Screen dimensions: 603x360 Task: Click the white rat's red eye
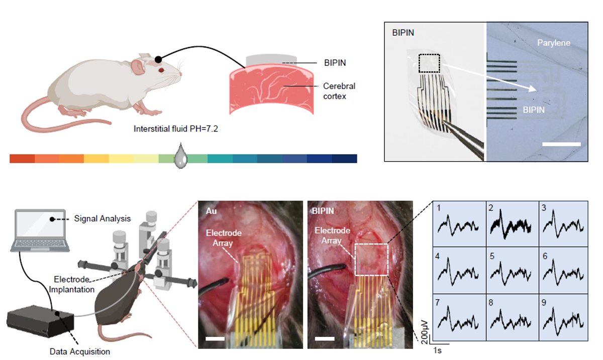(x=161, y=70)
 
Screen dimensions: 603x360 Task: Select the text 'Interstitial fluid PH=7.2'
(x=176, y=129)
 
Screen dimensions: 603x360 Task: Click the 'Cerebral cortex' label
(x=339, y=91)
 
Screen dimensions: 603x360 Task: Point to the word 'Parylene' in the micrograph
(x=554, y=43)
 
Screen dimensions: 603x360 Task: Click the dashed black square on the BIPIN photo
(x=429, y=63)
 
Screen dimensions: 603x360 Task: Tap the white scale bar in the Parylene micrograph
(x=561, y=144)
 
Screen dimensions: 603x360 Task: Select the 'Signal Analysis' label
(x=103, y=218)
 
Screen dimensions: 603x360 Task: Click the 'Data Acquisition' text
(x=80, y=351)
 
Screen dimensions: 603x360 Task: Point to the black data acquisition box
(x=40, y=321)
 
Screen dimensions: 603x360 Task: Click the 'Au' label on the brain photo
(x=212, y=211)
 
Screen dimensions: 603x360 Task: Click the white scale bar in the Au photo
(x=215, y=338)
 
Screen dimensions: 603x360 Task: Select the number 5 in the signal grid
(x=492, y=256)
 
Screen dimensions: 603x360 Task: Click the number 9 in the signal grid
(x=544, y=302)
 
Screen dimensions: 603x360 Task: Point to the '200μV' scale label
(x=424, y=332)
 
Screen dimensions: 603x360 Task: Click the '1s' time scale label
(x=438, y=350)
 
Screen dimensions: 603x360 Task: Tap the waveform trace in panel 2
(x=511, y=225)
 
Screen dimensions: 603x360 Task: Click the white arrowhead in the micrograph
(x=532, y=88)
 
